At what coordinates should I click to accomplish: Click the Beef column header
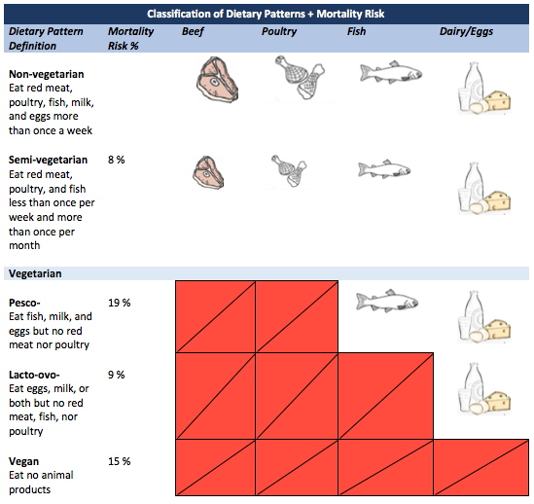[193, 32]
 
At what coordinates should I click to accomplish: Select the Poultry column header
[279, 32]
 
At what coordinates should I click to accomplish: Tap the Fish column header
[356, 31]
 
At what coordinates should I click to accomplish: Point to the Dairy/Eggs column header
[466, 32]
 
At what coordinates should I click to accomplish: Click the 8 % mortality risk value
[117, 160]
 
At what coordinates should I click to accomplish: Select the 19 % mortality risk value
[120, 303]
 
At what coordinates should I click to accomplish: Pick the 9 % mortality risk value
[117, 375]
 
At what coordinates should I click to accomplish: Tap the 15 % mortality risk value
[120, 461]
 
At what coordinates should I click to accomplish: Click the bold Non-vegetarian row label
[47, 74]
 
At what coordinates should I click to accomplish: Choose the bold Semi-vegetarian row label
[48, 160]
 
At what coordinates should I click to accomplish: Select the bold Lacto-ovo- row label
[34, 375]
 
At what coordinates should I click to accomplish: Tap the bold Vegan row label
[24, 462]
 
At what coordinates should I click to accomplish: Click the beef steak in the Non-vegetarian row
[217, 80]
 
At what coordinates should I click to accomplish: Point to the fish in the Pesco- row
[387, 302]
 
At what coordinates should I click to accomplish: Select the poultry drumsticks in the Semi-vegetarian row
[289, 170]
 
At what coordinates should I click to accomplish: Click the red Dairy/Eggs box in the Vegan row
[481, 468]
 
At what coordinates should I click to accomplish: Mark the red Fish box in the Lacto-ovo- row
[385, 396]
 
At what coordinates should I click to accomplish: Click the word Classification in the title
[185, 14]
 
